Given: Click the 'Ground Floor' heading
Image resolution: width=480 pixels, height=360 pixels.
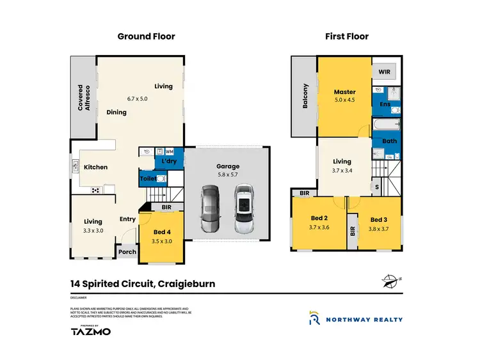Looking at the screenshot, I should coord(146,36).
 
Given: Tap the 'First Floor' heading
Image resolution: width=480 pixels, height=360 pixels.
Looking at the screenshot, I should coord(346,36).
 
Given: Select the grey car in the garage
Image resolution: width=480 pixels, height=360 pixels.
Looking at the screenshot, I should coord(210,208).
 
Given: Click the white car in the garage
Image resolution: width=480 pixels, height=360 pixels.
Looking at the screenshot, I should coord(243,208).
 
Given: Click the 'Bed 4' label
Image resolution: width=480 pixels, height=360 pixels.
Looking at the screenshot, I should coord(163,231).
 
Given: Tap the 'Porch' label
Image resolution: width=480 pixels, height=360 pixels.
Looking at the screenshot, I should coord(127,251).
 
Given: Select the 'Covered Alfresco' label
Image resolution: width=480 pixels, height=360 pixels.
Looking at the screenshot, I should coord(84,97).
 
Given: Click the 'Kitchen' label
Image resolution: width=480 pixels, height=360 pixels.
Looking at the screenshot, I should coord(95,168).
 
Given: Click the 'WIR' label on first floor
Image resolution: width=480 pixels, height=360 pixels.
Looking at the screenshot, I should coord(384,72).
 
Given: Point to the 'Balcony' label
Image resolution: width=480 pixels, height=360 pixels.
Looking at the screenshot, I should coord(305,97).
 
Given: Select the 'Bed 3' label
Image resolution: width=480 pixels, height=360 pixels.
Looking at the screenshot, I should coord(379,220).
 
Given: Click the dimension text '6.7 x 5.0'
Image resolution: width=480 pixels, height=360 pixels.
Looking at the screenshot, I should coord(137,98).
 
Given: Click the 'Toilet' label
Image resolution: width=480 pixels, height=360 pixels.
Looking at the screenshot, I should coord(148,179).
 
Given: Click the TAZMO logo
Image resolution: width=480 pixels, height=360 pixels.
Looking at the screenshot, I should coord(90,331).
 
